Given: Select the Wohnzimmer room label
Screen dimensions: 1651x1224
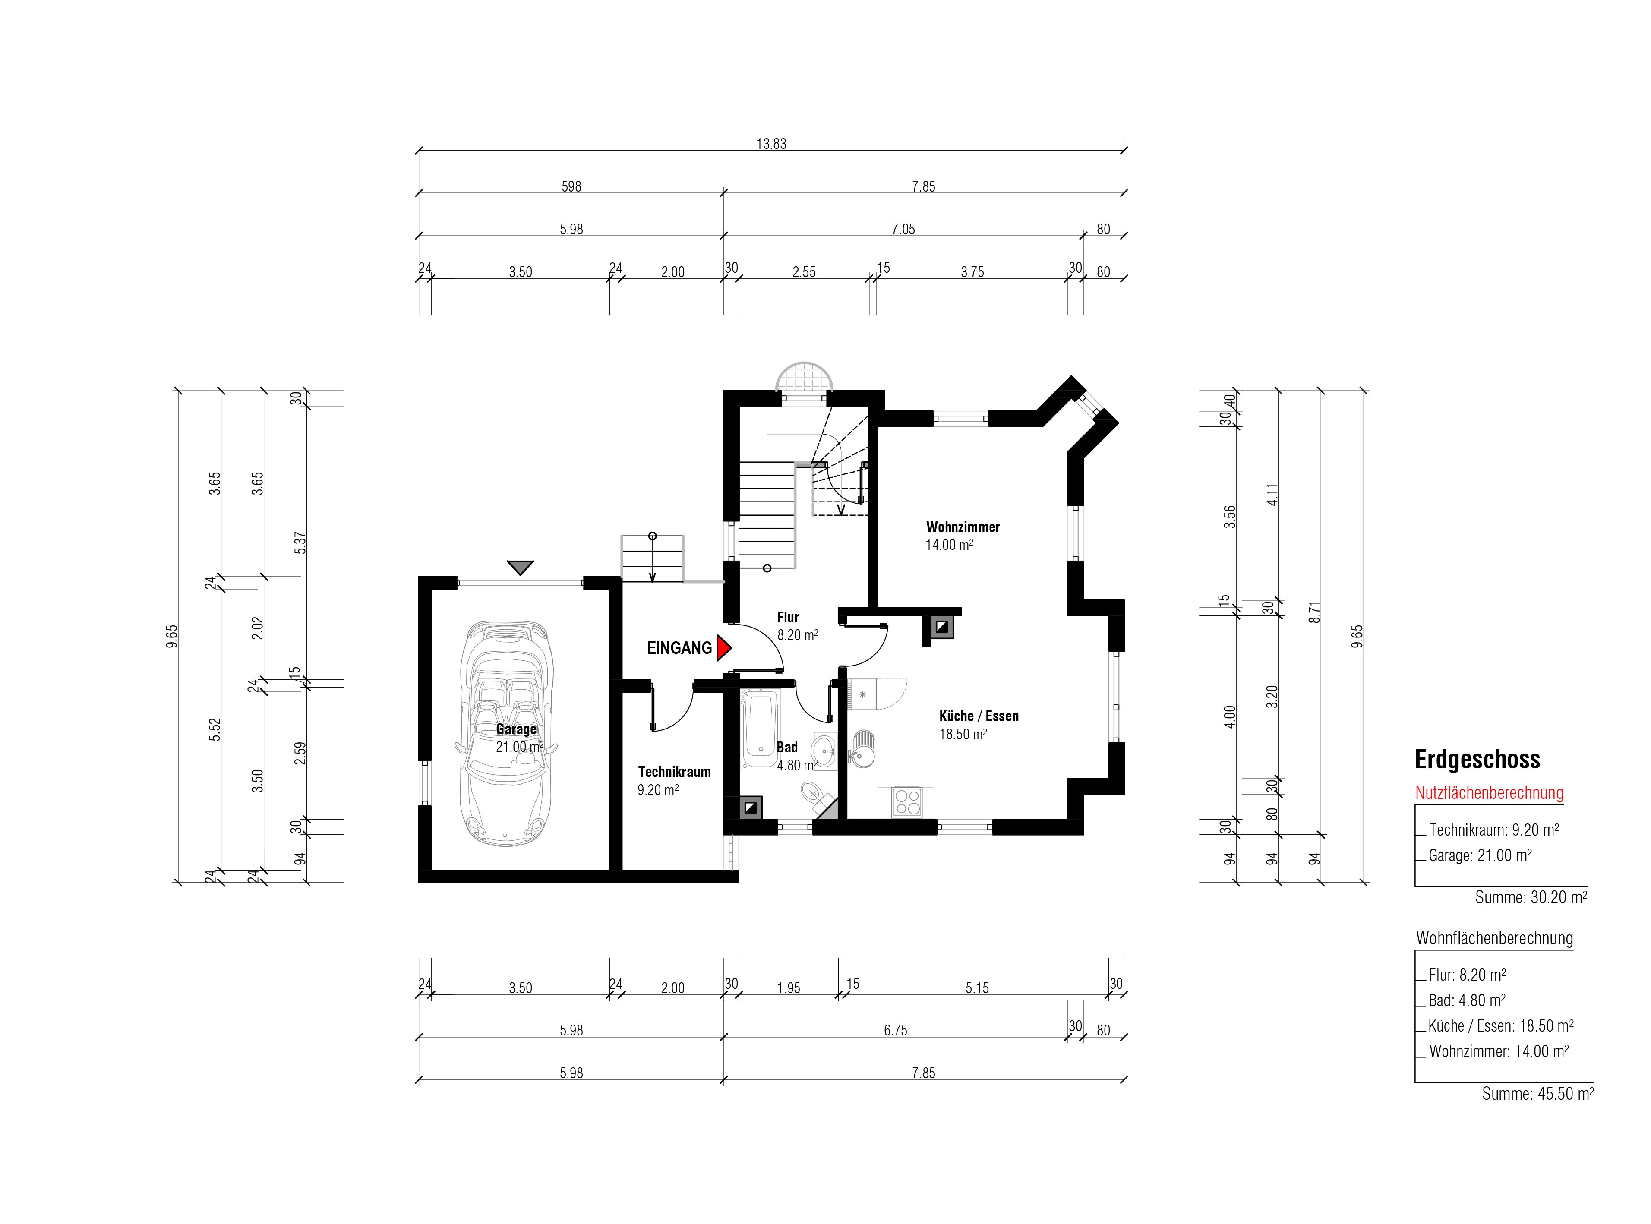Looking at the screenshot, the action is point(963,527).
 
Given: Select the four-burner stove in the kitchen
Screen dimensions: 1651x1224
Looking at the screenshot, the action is point(907,801).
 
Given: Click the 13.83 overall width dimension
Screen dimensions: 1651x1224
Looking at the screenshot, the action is point(771,144).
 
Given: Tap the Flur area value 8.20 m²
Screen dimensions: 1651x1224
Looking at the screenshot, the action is point(797,635).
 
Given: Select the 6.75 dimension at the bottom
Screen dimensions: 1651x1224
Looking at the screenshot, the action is point(895,1030).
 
